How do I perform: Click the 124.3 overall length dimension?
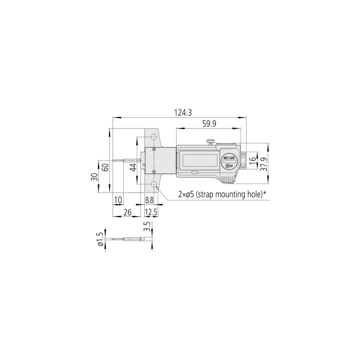[x=183, y=113]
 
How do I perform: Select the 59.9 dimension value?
[x=209, y=124]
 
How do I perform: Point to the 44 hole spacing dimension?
[x=133, y=167]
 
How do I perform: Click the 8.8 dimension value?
[x=149, y=200]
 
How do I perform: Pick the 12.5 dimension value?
[x=151, y=212]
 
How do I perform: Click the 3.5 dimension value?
[x=147, y=226]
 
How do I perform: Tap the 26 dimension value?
[x=127, y=212]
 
